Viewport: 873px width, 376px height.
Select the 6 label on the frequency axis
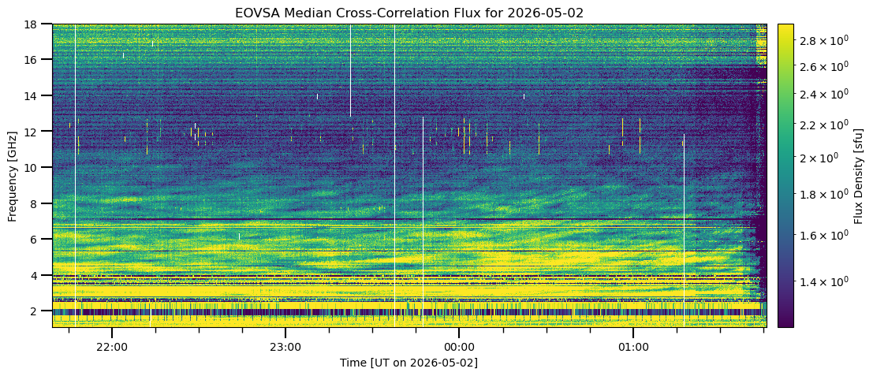(x=45, y=239)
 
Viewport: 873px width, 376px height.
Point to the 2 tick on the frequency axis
(x=45, y=311)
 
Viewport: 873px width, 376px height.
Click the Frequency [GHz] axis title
(x=13, y=176)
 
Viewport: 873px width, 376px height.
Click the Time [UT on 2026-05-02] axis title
(x=409, y=363)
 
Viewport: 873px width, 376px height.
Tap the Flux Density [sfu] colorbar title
(x=857, y=176)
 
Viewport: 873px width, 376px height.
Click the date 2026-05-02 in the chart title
(x=545, y=13)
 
